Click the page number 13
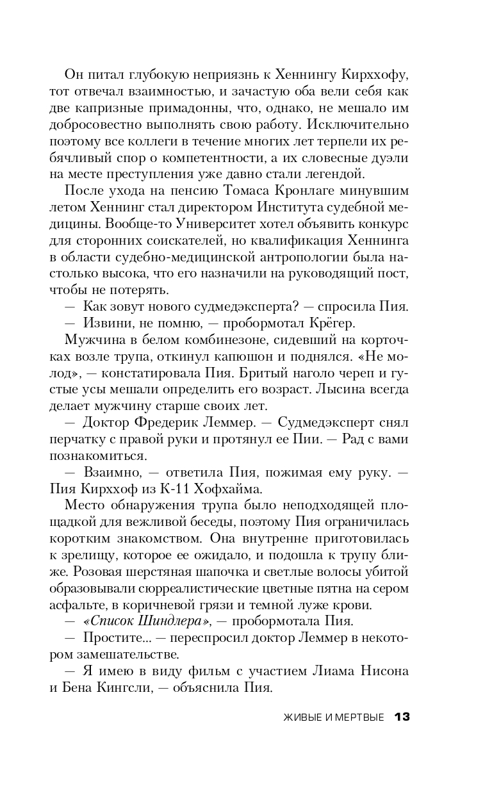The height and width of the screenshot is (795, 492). [402, 717]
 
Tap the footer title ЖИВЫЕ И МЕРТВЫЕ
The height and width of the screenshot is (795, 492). [334, 717]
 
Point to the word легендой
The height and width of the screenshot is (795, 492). [332, 174]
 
